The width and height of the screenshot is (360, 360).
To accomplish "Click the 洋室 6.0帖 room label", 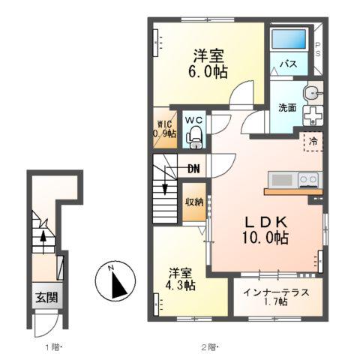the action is coord(208,64).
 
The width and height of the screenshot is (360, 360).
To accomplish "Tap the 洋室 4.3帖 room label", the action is coord(180,279).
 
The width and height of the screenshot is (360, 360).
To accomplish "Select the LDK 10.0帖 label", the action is coord(265,229).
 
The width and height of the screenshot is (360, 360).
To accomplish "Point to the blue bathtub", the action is coord(289,39).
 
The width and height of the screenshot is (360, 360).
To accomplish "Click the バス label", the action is coord(288,64).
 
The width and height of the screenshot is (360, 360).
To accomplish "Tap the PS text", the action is coord(318,49).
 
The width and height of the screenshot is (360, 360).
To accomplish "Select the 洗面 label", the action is coord(287,107).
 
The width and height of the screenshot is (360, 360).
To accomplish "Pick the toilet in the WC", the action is coord(194,137).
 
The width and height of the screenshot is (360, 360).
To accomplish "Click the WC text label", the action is coord(193,120).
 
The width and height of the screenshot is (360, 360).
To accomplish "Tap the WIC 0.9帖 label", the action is coord(165,129).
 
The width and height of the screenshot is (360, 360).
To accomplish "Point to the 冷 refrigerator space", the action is coord(313,142).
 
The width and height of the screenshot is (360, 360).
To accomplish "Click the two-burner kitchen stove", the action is coord(308,180).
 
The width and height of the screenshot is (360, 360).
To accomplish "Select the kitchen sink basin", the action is coord(282,180).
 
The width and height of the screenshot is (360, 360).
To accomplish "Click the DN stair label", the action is coord(193,169).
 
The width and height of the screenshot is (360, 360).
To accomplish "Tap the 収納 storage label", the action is coord(194,202).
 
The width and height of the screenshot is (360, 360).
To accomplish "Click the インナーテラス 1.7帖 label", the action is coord(276,297).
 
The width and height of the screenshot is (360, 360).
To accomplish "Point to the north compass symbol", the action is coord(115,281).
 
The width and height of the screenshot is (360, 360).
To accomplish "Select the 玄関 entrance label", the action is coord(46,297).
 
